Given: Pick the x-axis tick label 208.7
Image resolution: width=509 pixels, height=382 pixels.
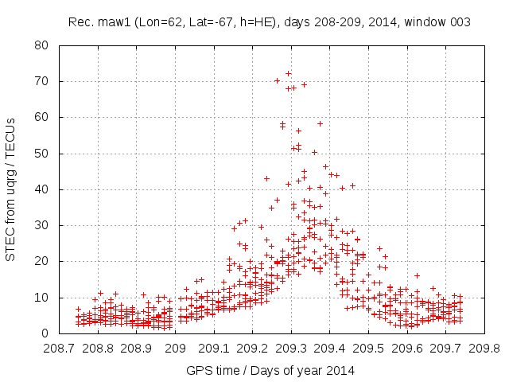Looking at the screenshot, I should [x=60, y=348].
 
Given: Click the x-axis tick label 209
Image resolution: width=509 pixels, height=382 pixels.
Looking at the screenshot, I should [x=177, y=348].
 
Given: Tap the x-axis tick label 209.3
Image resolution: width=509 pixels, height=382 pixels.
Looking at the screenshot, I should [x=291, y=348].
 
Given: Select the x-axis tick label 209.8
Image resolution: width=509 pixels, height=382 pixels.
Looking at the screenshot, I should [x=484, y=348].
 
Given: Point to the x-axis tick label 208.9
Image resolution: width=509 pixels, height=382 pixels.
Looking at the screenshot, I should [x=138, y=348].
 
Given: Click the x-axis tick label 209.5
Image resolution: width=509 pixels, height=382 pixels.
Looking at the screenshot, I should [x=368, y=348].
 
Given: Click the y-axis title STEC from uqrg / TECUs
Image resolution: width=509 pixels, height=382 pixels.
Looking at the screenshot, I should [x=11, y=189].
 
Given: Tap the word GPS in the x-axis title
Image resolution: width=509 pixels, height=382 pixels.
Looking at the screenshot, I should [x=198, y=370].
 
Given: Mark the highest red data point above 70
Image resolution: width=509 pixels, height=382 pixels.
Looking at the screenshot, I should [x=288, y=74].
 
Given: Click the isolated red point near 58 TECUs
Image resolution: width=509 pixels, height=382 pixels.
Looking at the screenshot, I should [x=320, y=123].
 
